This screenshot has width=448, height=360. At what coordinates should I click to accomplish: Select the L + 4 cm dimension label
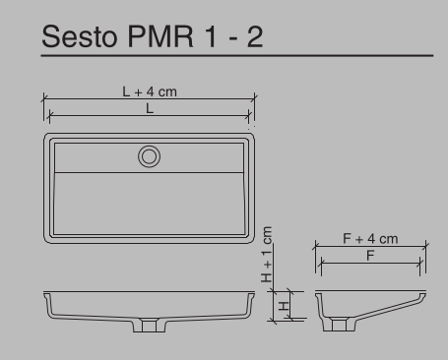[x=150, y=91]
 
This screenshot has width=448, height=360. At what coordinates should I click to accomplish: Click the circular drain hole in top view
[x=149, y=154]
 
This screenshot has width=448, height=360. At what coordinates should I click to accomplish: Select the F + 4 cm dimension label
[x=370, y=238]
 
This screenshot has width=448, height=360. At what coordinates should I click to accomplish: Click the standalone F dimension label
[x=370, y=256]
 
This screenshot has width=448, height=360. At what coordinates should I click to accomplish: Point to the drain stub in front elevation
[x=149, y=324]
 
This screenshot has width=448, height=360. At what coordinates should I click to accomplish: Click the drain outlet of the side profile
[x=338, y=324]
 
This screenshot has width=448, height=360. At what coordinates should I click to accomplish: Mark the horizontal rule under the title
[x=236, y=56]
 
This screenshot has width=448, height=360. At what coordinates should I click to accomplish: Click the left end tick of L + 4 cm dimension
[x=43, y=97]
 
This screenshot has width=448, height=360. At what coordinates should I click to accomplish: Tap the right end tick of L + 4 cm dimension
[x=255, y=97]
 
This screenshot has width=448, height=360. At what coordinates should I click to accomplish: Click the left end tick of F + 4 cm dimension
[x=316, y=245]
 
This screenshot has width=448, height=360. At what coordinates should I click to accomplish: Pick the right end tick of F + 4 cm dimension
[x=425, y=245]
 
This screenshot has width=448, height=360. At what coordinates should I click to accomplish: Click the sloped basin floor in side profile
[x=384, y=307]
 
